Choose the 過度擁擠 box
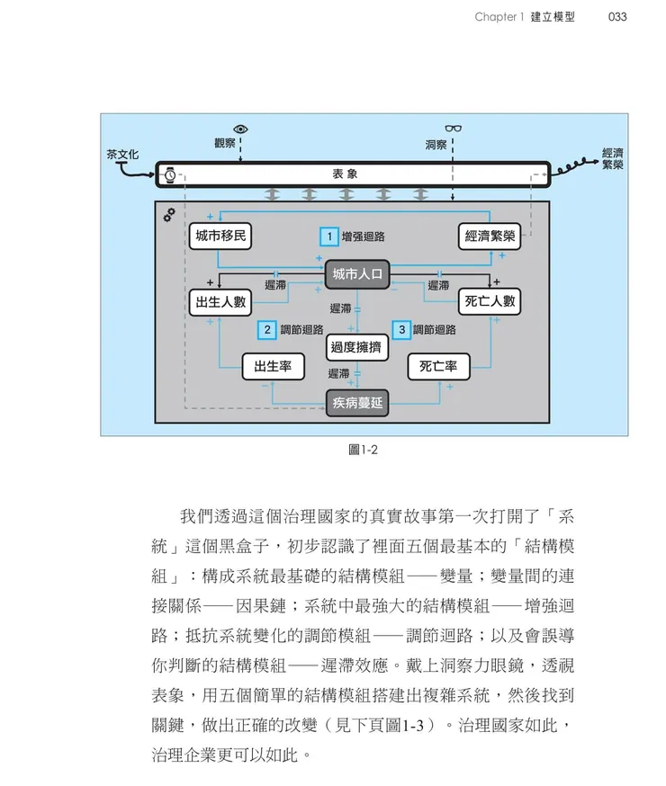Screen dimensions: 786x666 tap(357, 346)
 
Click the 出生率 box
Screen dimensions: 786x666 tap(273, 366)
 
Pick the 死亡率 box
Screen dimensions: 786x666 tap(438, 366)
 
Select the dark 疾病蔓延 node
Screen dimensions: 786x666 tap(357, 404)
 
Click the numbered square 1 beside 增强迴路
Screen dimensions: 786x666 tap(330, 237)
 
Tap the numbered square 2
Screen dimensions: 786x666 tap(266, 330)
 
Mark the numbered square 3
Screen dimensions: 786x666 tap(402, 330)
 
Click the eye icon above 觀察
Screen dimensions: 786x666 tap(240, 129)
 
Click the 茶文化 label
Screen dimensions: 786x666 tap(122, 155)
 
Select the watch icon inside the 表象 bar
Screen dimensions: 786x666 tap(168, 174)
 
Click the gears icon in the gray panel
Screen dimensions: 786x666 tap(168, 217)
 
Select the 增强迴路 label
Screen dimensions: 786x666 tap(364, 237)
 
